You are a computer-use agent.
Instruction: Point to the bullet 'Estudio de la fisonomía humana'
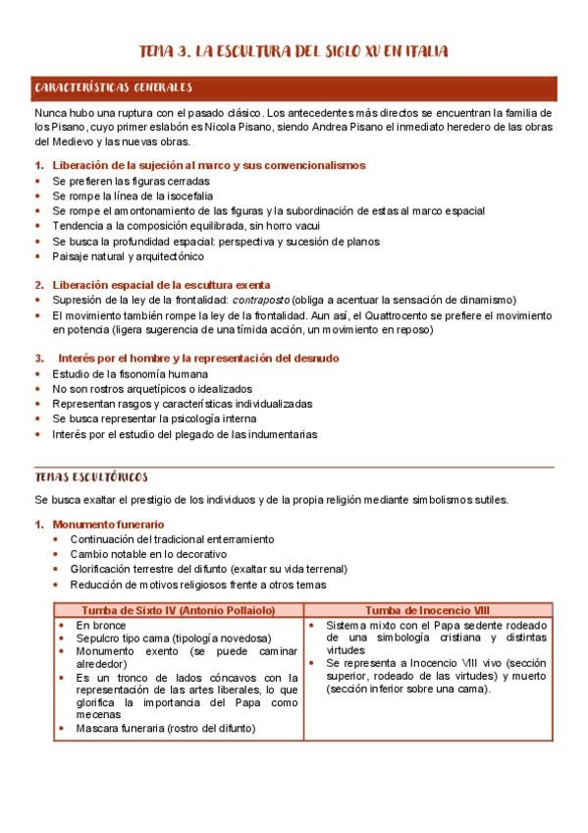click(x=130, y=373)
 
